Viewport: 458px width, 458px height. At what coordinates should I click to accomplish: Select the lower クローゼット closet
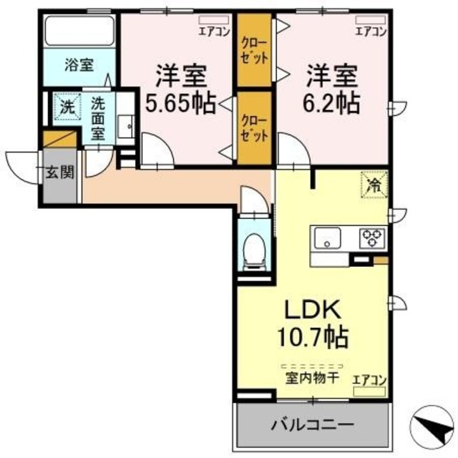pyautogui.click(x=255, y=127)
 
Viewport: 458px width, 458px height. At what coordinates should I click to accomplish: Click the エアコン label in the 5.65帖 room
pyautogui.click(x=215, y=31)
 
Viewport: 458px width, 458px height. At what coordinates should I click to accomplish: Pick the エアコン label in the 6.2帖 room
pyautogui.click(x=371, y=31)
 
